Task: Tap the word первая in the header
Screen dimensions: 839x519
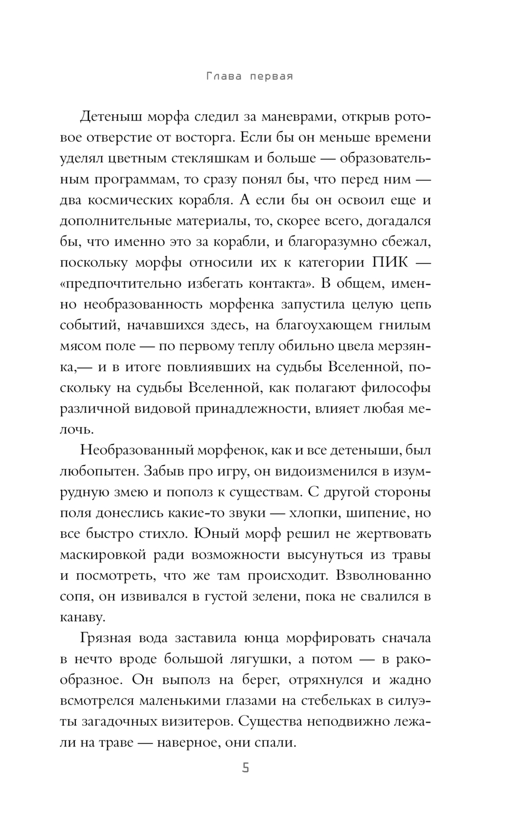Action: tap(272, 77)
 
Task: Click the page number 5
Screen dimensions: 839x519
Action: tap(245, 768)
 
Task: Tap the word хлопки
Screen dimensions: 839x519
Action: tap(325, 513)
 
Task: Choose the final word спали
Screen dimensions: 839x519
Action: tap(275, 742)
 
